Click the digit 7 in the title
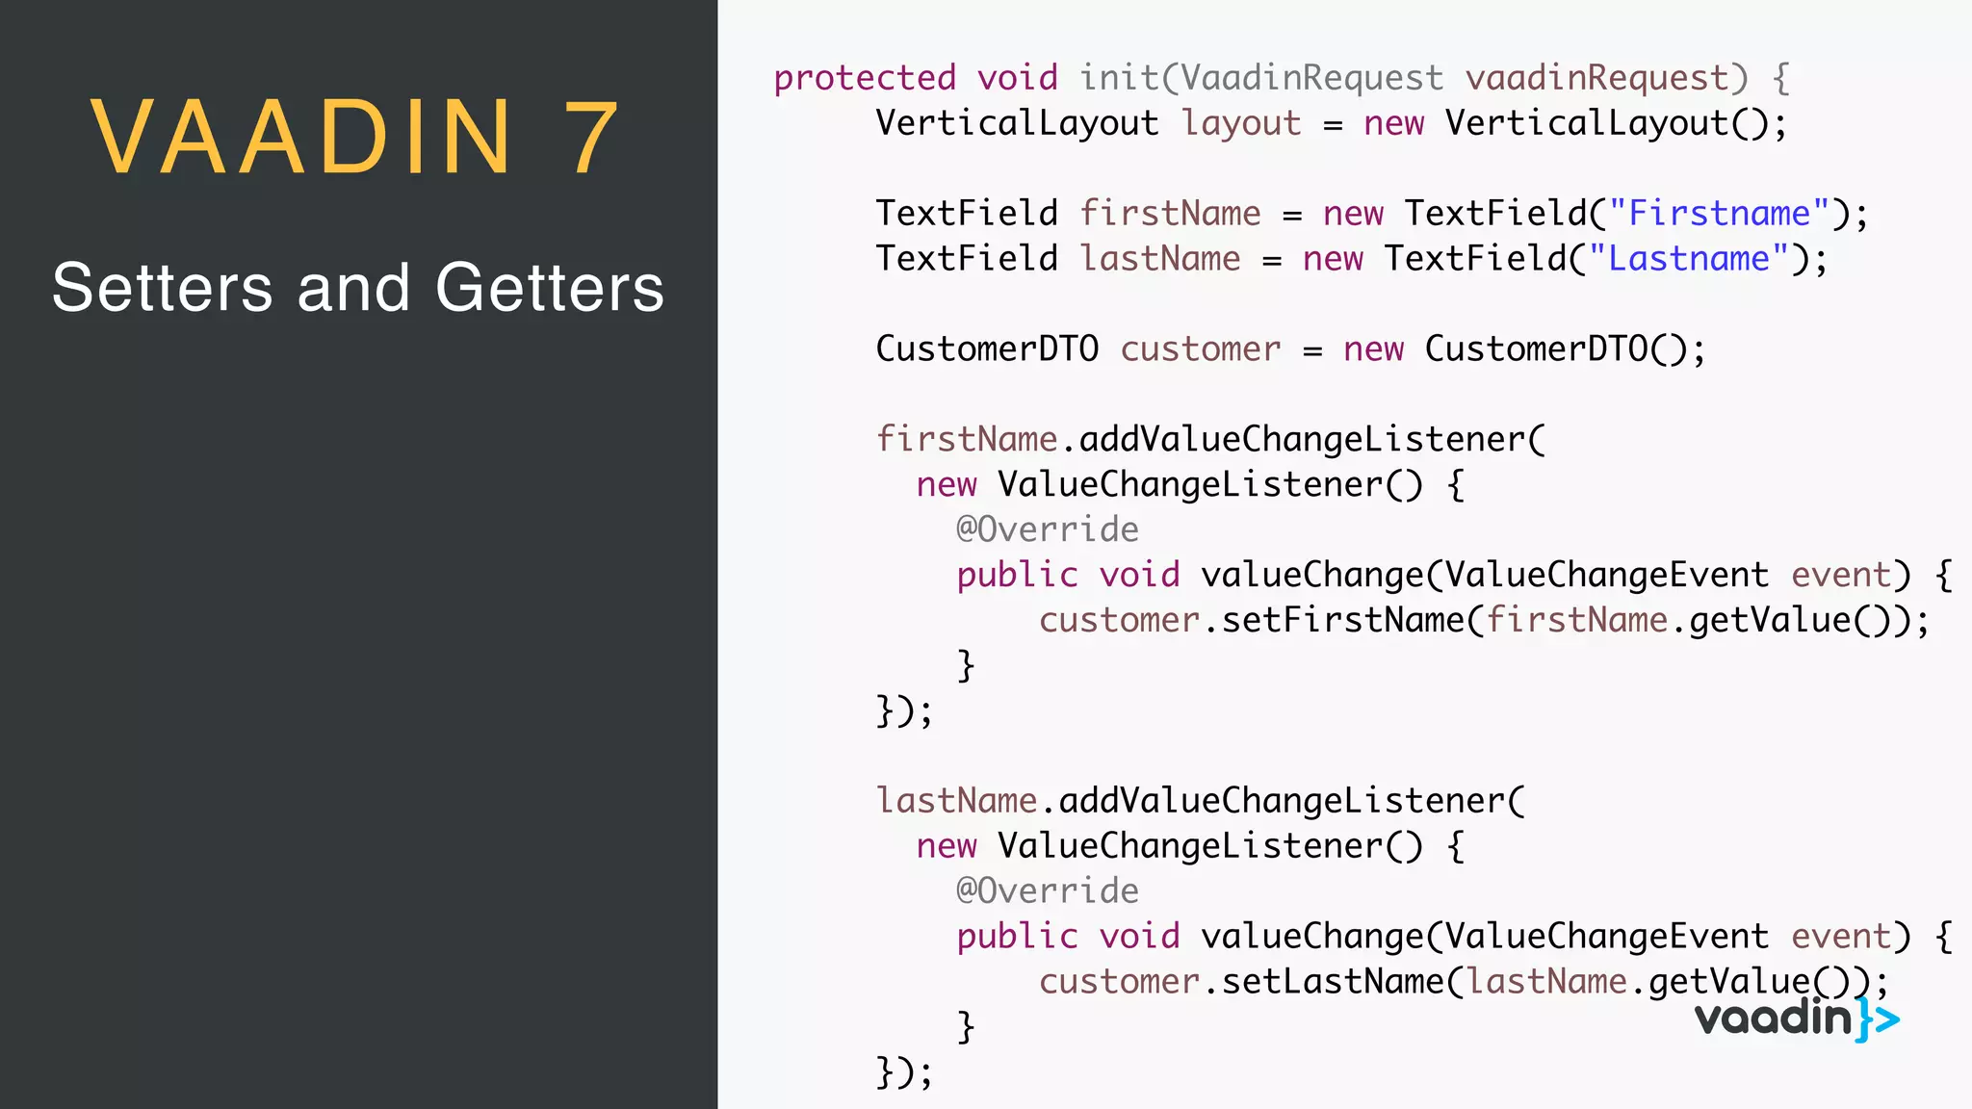[x=590, y=139]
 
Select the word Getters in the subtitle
[x=549, y=288]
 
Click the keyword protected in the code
[x=865, y=78]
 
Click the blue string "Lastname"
[x=1688, y=259]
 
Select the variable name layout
[x=1241, y=124]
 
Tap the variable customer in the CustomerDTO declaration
[x=1200, y=349]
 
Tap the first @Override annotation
[x=1047, y=529]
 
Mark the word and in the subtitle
[x=353, y=288]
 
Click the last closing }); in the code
[x=904, y=1071]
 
